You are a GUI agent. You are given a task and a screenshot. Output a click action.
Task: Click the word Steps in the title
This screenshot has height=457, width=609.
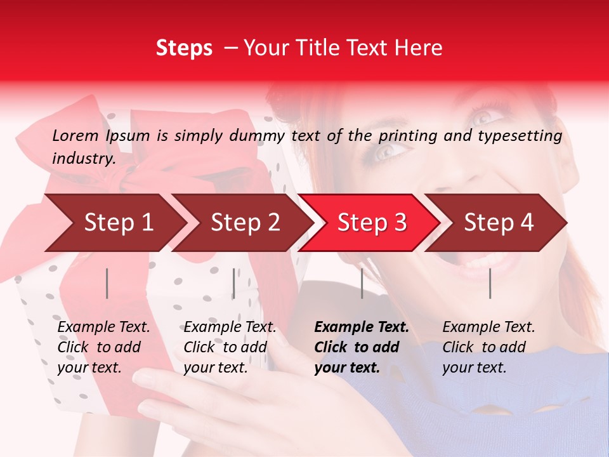tap(184, 48)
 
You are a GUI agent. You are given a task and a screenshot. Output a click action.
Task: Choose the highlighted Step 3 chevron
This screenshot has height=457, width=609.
tap(372, 222)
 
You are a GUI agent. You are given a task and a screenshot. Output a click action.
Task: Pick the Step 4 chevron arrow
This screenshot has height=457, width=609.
tap(499, 222)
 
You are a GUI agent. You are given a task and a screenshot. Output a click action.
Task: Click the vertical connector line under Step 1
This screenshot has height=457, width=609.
tap(107, 283)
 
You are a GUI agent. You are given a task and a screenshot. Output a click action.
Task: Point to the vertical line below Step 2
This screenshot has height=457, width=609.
tap(234, 283)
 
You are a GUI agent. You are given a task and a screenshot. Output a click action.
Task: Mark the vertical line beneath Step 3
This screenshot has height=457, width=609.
tap(362, 283)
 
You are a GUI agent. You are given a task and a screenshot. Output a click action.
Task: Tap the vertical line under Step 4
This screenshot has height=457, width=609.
tap(490, 283)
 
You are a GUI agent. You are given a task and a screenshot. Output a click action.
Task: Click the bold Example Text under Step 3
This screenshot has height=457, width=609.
tap(362, 347)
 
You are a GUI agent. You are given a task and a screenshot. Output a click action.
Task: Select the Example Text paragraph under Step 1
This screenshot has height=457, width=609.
tap(103, 347)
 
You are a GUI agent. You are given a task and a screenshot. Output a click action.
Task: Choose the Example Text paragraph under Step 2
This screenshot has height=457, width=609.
tap(230, 347)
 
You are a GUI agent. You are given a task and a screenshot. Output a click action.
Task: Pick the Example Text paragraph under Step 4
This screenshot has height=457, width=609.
tap(488, 347)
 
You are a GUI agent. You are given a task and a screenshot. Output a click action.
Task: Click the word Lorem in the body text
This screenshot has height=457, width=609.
tap(75, 135)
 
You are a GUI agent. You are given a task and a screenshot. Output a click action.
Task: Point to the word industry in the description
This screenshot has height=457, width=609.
tap(83, 159)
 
